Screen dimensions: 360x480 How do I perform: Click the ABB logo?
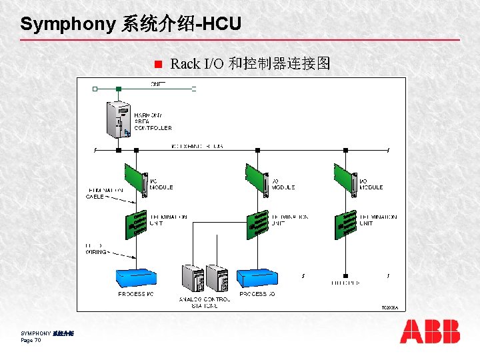coord(430,331)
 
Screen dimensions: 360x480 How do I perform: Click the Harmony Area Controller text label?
coord(153,121)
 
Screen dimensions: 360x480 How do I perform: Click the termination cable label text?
coord(105,193)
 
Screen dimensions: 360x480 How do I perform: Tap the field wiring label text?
coord(97,249)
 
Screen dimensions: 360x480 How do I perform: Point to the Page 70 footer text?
coord(31,341)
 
